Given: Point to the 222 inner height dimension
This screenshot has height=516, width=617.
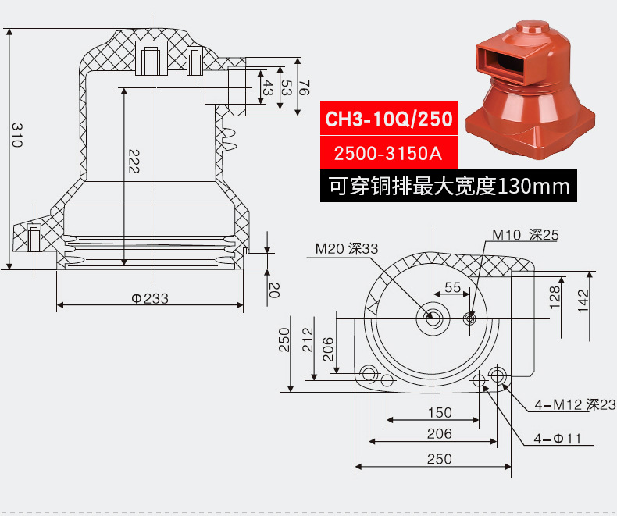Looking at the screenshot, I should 134,160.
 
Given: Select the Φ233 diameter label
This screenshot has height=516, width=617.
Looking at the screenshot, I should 150,298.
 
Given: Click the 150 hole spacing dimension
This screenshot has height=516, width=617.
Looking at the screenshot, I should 440,412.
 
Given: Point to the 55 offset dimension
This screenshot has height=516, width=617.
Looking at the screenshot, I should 453,287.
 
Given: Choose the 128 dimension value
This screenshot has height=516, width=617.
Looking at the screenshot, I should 554,297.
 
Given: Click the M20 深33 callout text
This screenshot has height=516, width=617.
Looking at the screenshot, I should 346,248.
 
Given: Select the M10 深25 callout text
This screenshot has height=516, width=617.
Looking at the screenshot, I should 525,235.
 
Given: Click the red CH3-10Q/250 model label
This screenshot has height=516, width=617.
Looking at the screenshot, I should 388,120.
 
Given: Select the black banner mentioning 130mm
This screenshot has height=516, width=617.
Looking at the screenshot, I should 448,187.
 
